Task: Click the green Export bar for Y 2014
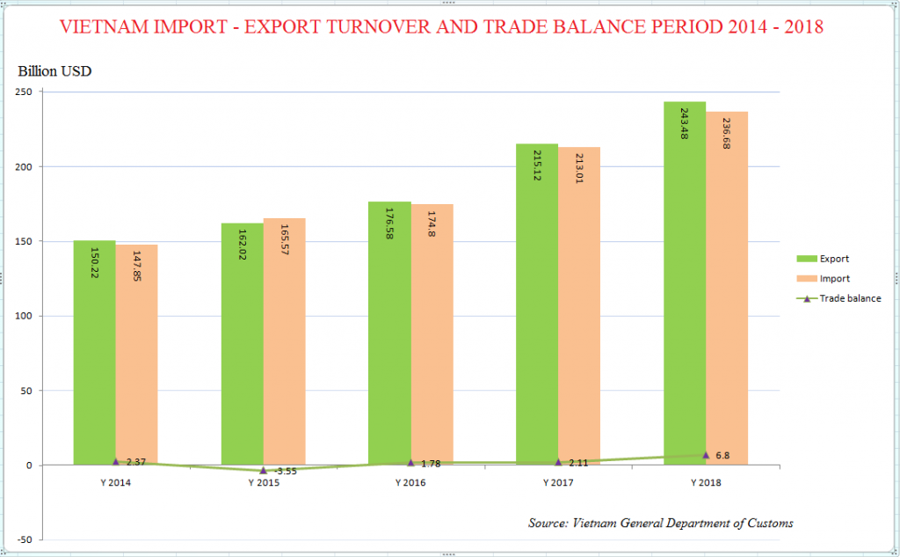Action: point(95,352)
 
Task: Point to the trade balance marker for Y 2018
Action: point(706,455)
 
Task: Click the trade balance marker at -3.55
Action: point(264,471)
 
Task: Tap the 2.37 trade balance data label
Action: point(135,462)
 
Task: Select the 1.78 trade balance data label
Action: point(431,463)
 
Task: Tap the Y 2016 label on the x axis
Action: point(410,483)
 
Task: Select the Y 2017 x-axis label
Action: point(558,483)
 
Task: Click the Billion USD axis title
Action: point(54,71)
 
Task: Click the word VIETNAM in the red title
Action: point(103,26)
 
